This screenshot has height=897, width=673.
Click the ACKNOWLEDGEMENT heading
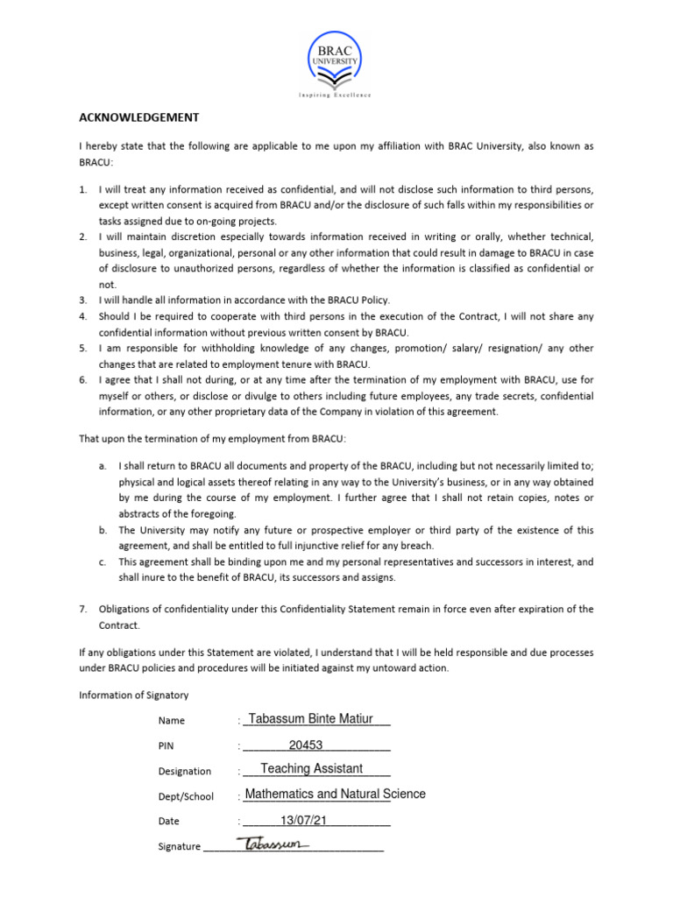[139, 117]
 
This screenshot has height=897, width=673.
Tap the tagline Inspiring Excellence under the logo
[336, 95]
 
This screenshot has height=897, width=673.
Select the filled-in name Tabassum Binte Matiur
[311, 719]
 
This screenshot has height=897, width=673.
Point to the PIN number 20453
[306, 745]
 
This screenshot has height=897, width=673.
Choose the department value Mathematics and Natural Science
[335, 794]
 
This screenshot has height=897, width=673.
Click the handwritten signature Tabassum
[273, 844]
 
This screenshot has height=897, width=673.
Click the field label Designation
[184, 771]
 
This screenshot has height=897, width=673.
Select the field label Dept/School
[186, 796]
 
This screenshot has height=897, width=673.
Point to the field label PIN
[166, 745]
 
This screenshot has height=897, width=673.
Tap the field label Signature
[179, 847]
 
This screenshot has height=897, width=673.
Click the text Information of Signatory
[133, 696]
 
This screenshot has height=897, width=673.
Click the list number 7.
[82, 609]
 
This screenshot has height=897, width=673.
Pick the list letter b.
[103, 530]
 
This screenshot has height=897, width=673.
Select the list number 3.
[82, 300]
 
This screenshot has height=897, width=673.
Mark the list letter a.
[103, 466]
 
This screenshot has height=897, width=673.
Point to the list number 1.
[82, 189]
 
